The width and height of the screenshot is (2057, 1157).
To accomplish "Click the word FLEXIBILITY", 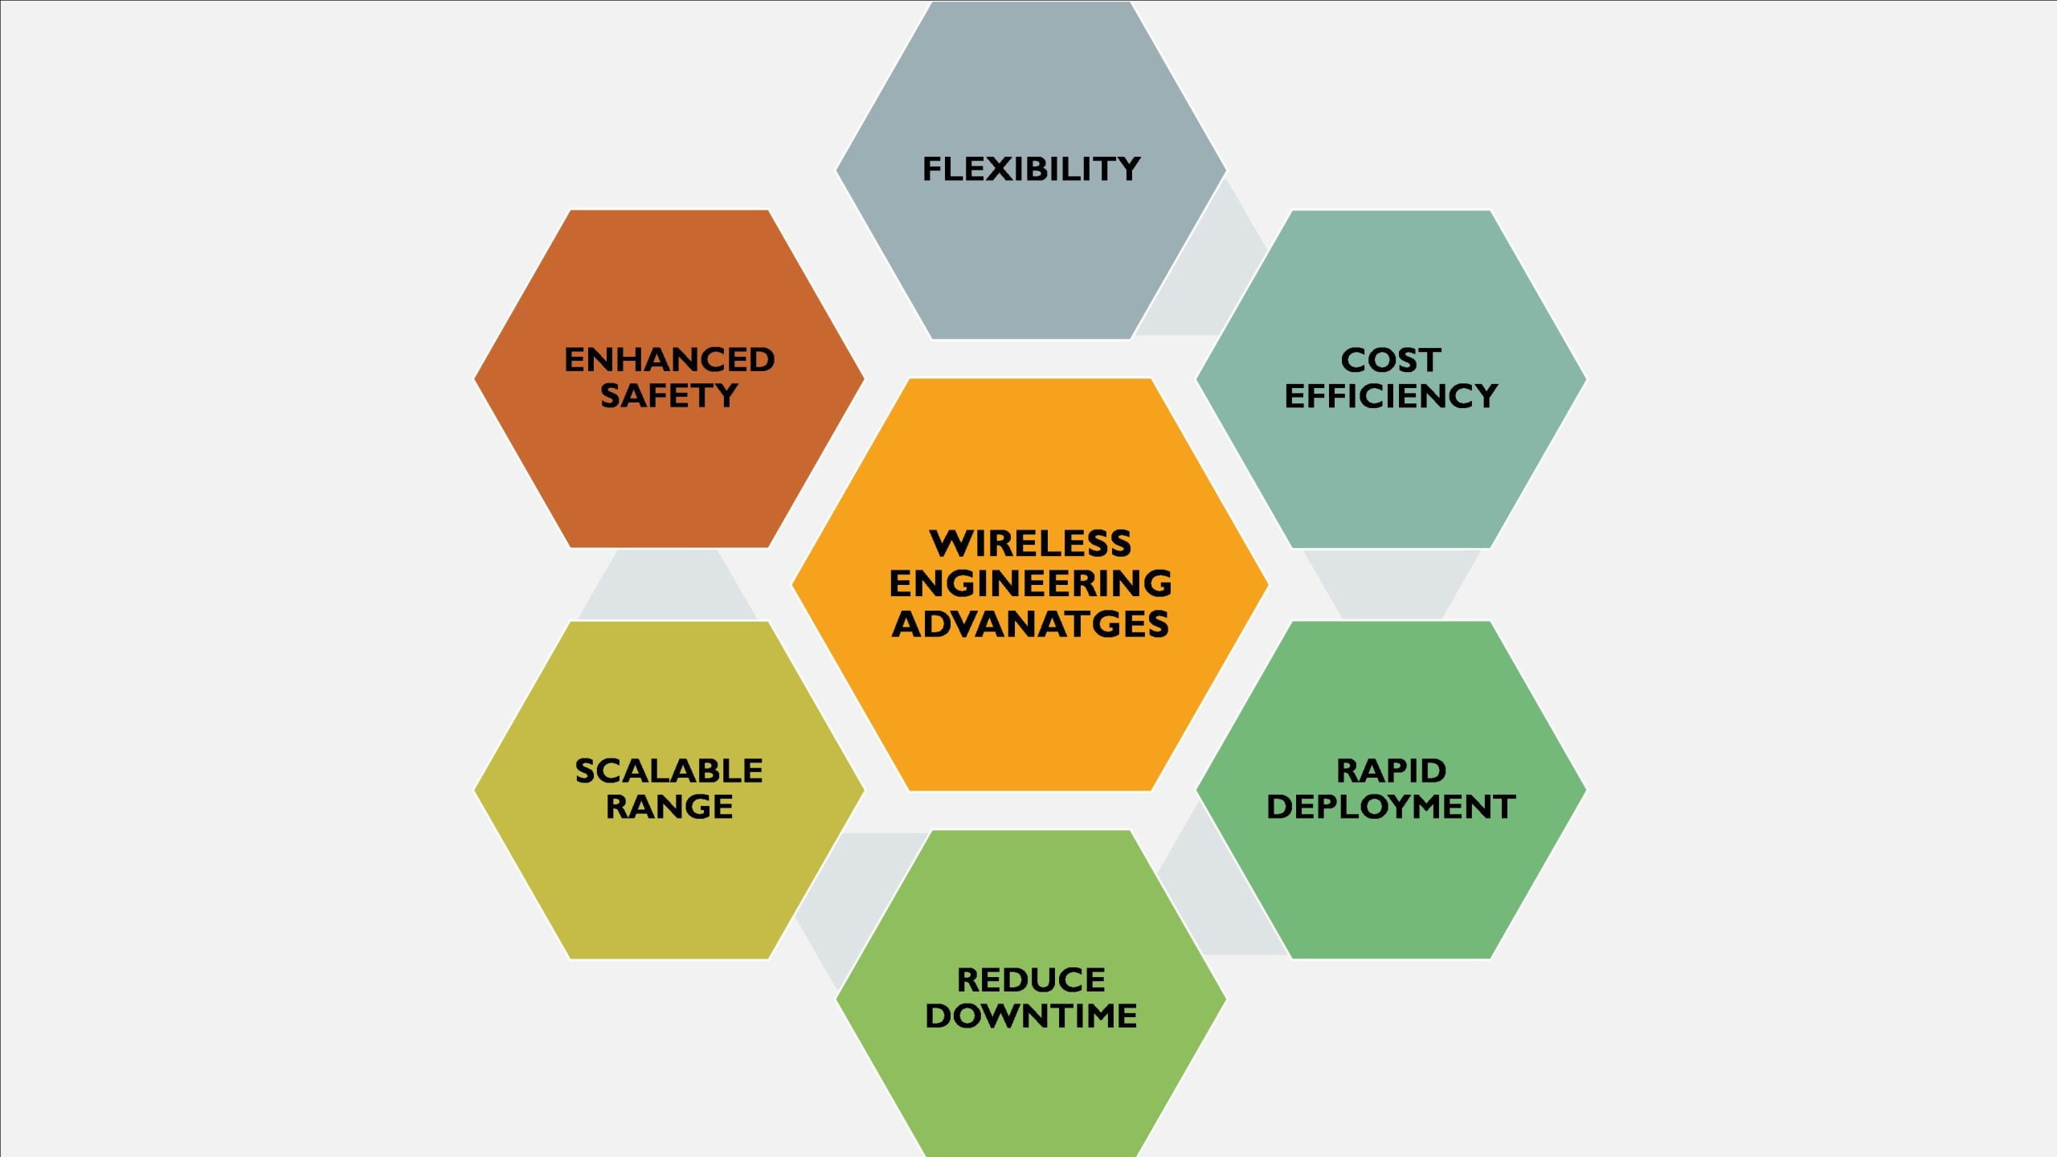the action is (1031, 169).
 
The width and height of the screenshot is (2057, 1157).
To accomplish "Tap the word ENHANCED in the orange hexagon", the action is (669, 360).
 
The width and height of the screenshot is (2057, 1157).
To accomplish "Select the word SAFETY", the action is (669, 396).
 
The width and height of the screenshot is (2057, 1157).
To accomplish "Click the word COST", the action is (1391, 360).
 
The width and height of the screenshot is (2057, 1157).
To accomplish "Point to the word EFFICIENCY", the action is (1391, 396).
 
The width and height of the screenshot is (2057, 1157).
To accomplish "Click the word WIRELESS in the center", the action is (1030, 544).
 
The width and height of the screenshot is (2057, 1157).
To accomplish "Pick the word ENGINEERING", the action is (1030, 583).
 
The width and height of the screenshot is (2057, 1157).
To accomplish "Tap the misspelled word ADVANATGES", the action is (1030, 624).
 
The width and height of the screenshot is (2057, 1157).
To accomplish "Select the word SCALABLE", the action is (669, 771).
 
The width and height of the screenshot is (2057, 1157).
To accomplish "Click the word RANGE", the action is (669, 807).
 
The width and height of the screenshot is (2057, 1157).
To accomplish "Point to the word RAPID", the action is (1391, 771).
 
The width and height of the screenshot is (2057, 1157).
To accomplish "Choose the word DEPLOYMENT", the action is (1391, 807).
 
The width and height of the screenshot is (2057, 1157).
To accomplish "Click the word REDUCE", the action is (1031, 980).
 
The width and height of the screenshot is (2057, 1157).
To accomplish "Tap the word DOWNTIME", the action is (1031, 1016).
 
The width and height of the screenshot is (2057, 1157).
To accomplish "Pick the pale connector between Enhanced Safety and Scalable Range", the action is (668, 584).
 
